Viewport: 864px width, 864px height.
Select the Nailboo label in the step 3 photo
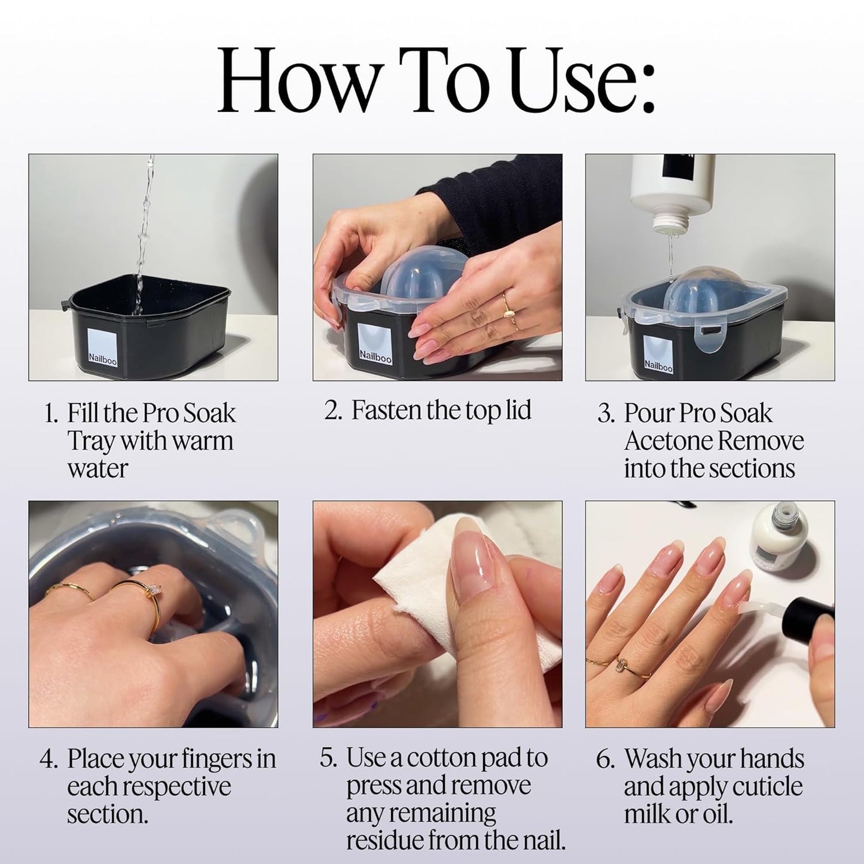[x=658, y=355]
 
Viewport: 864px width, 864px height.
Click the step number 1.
[x=51, y=414]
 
